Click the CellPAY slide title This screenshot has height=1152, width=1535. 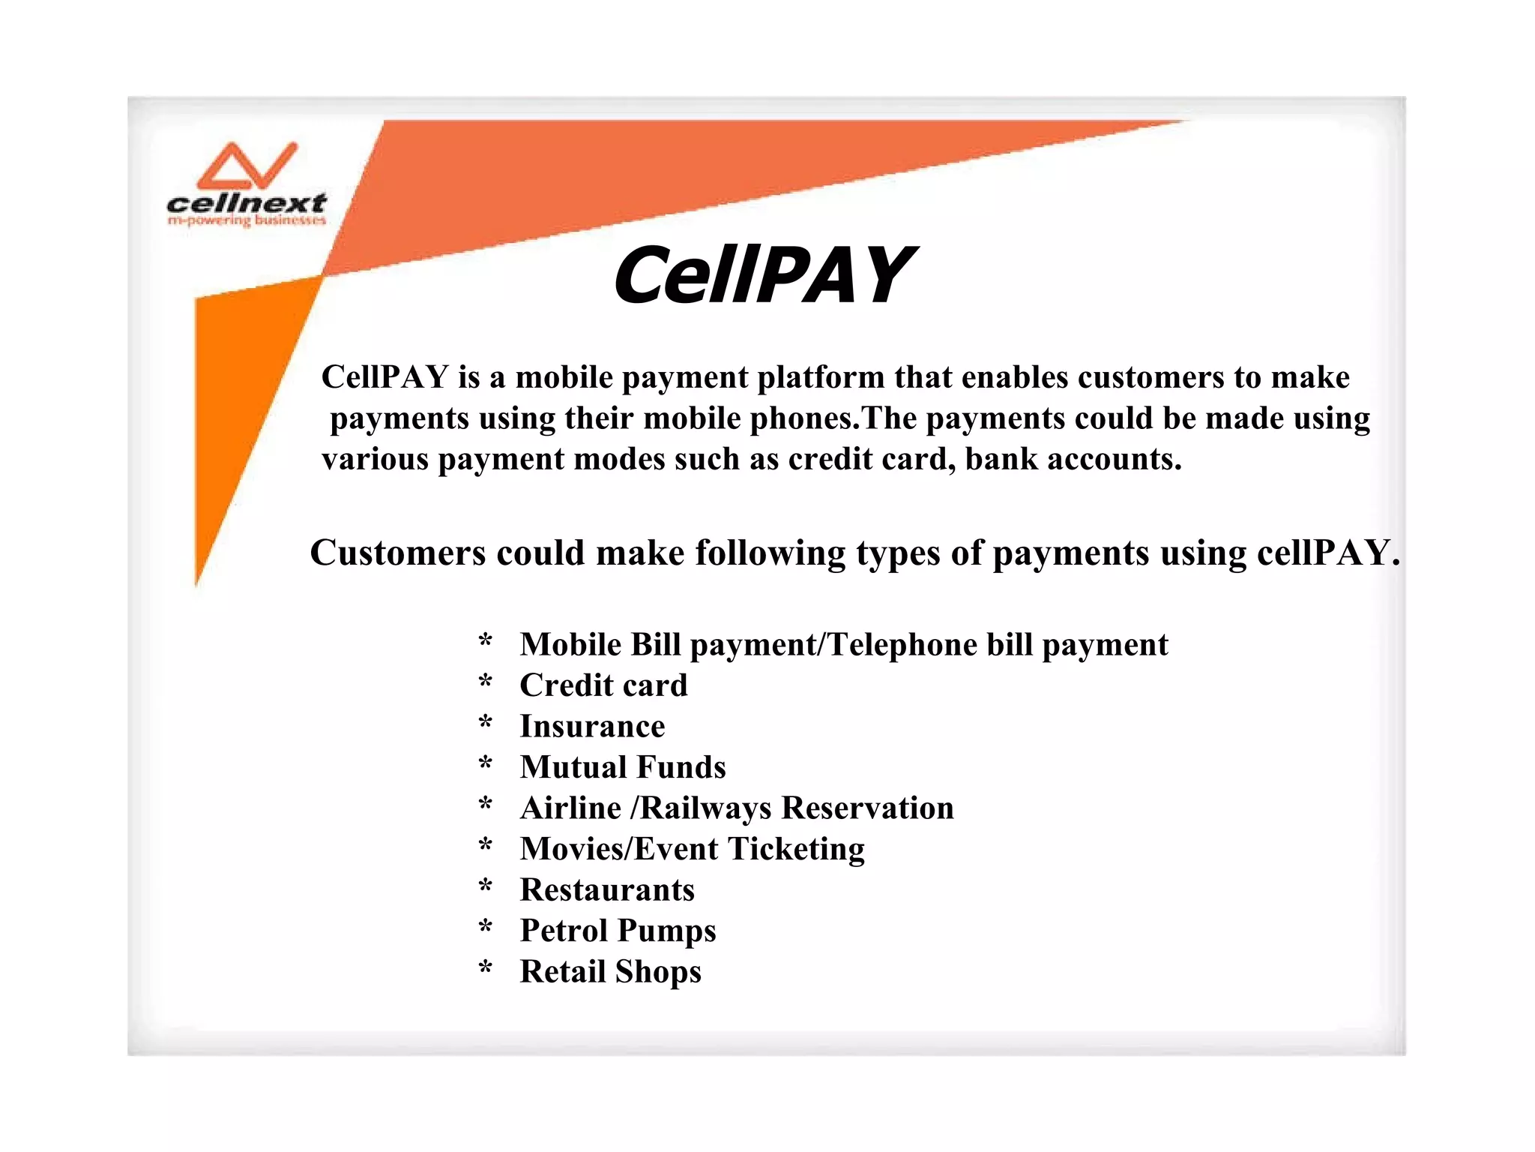point(763,275)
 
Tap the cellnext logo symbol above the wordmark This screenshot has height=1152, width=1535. point(247,166)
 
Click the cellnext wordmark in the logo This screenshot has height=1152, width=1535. point(247,202)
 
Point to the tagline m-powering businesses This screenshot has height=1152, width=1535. point(247,220)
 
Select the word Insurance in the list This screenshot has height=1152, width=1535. point(592,726)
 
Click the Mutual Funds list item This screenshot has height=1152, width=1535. point(623,766)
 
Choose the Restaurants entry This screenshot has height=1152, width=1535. point(607,889)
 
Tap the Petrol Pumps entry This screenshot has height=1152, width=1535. point(618,931)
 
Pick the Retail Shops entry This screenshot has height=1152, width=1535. point(610,971)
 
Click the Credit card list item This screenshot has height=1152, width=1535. point(603,685)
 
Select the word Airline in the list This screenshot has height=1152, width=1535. point(570,808)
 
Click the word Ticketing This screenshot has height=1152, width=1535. point(796,849)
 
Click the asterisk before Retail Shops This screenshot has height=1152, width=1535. point(486,969)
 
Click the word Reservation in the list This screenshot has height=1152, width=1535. point(867,808)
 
